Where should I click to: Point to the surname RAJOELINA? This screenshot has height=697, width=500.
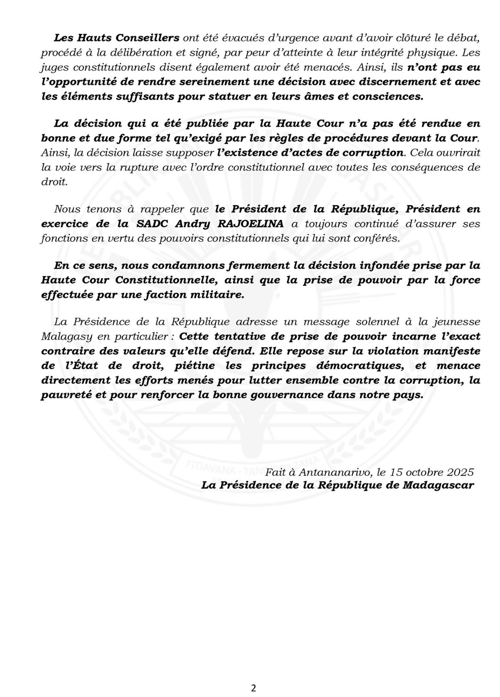click(x=247, y=224)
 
